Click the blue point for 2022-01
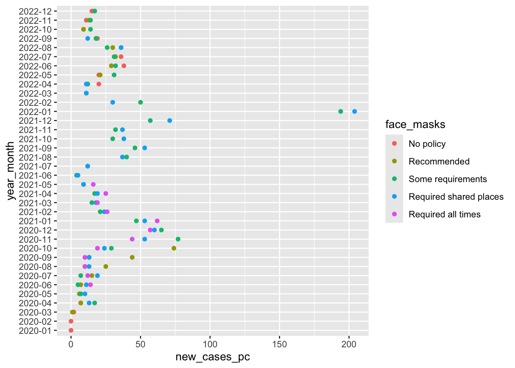click(354, 112)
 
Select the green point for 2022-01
click(341, 112)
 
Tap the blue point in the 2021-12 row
click(170, 121)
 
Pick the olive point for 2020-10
click(174, 248)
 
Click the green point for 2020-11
click(178, 239)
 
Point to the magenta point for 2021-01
click(157, 221)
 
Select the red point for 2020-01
click(71, 330)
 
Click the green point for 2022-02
click(141, 102)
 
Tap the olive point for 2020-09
click(132, 258)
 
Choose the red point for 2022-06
click(124, 66)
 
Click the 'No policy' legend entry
click(427, 144)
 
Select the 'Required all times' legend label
click(444, 214)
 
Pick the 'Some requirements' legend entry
click(448, 179)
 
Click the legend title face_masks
click(415, 125)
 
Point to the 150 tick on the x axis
click(279, 344)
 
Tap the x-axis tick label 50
click(141, 344)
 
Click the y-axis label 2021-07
click(35, 166)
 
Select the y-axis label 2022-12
click(35, 11)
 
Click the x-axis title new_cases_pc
click(213, 357)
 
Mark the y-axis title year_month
click(11, 171)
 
